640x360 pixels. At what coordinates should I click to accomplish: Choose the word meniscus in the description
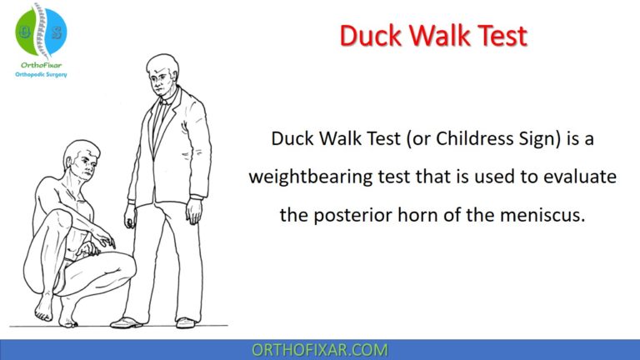(547, 215)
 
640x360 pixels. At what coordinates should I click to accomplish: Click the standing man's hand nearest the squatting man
(130, 218)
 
